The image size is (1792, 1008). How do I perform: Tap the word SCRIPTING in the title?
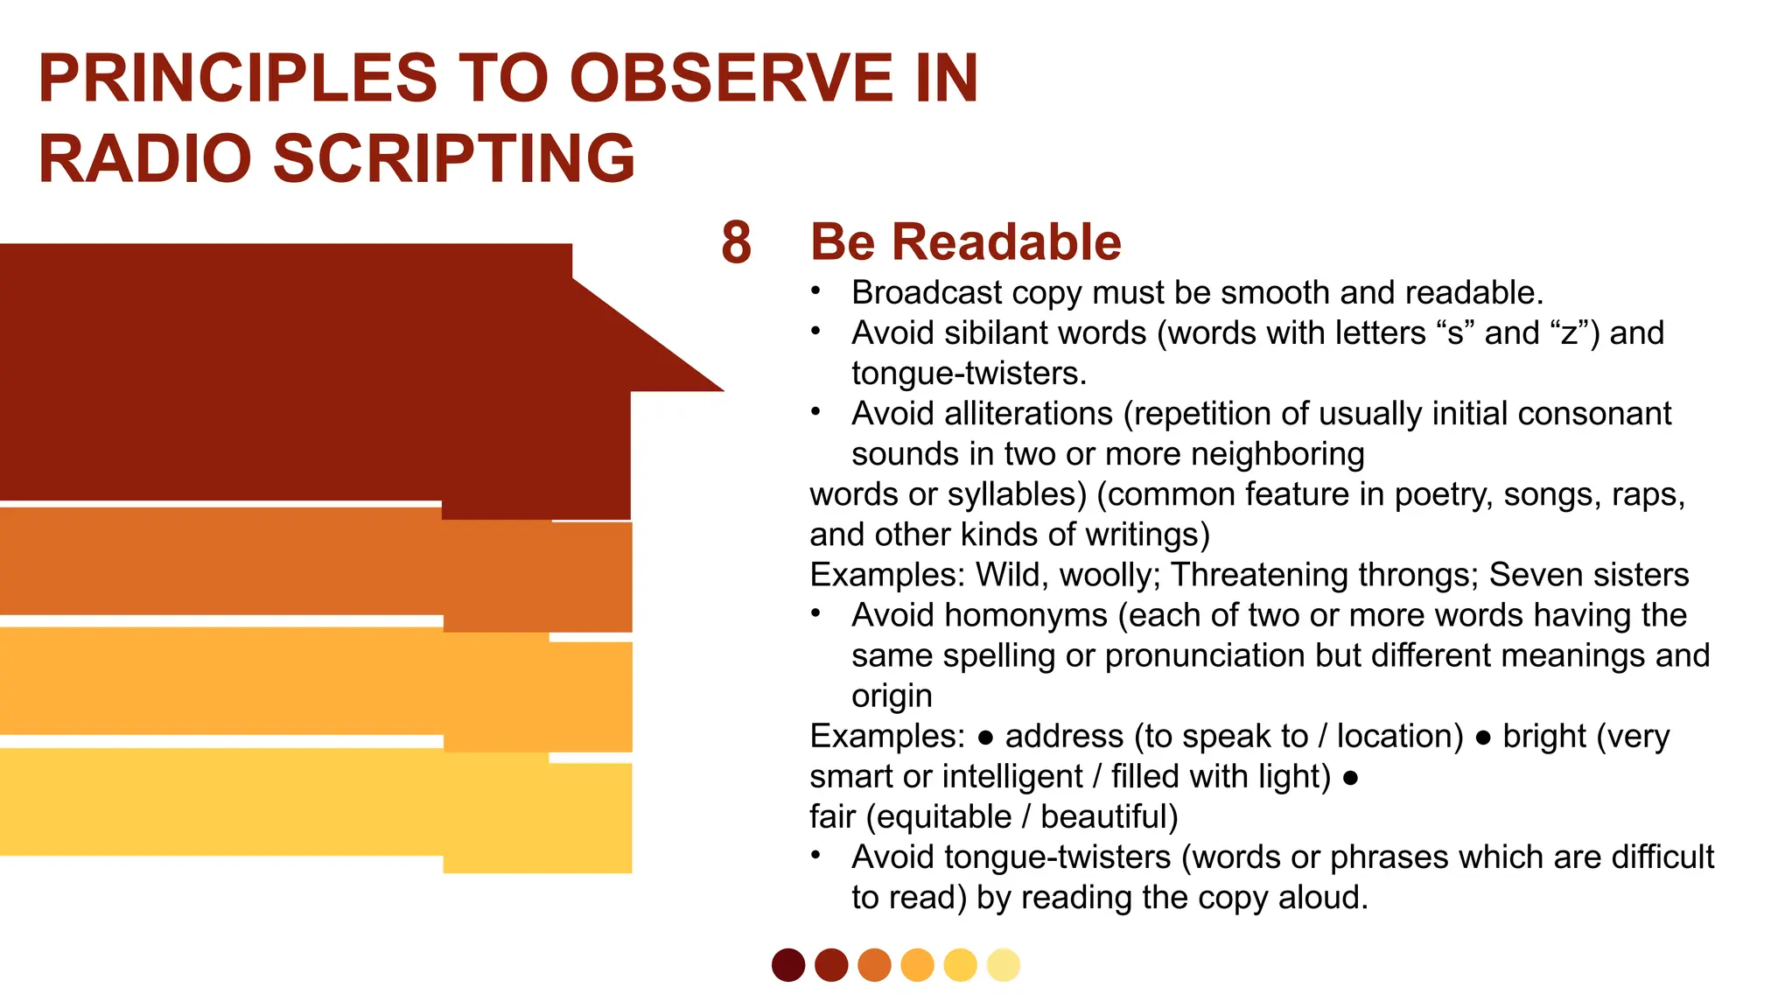(x=454, y=159)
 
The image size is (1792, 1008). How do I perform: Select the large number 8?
(x=736, y=242)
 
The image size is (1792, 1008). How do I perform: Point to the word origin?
(x=892, y=696)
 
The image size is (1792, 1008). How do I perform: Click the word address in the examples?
(x=1064, y=736)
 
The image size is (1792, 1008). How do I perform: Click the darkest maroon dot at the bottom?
(x=788, y=965)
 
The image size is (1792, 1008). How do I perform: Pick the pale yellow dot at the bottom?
(x=1004, y=965)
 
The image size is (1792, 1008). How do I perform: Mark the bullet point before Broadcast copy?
(x=815, y=291)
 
